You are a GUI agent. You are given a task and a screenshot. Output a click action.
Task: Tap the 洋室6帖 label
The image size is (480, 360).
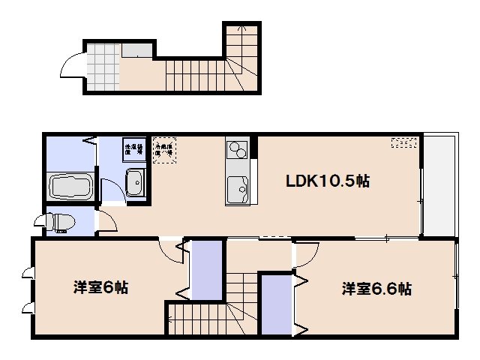100,287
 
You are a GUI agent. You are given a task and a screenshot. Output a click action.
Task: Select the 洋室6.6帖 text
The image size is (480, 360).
376,289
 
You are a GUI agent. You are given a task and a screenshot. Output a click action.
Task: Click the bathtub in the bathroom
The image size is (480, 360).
70,185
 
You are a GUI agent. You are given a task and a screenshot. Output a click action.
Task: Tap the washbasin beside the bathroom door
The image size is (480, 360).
136,181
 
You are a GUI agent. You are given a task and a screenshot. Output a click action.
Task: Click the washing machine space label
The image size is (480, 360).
134,148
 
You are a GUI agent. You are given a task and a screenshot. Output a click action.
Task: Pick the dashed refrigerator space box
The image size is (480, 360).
163,149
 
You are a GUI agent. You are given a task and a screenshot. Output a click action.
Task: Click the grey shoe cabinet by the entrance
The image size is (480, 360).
137,51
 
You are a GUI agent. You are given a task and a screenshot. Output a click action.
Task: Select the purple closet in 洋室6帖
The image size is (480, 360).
206,269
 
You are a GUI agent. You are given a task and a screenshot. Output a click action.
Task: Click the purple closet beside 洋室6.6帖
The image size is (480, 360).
275,304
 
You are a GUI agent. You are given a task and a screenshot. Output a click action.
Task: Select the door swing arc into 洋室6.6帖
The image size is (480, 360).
304,256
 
